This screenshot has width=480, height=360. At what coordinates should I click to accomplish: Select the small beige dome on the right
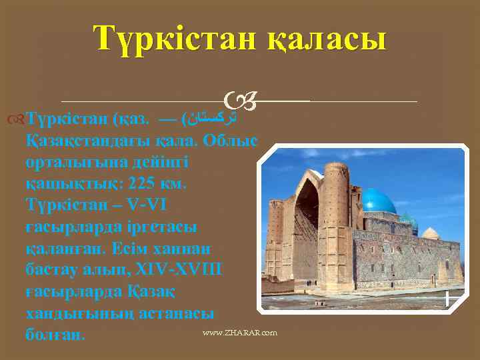click(431, 233)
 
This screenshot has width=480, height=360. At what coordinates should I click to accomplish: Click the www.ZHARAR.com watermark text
click(241, 332)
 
